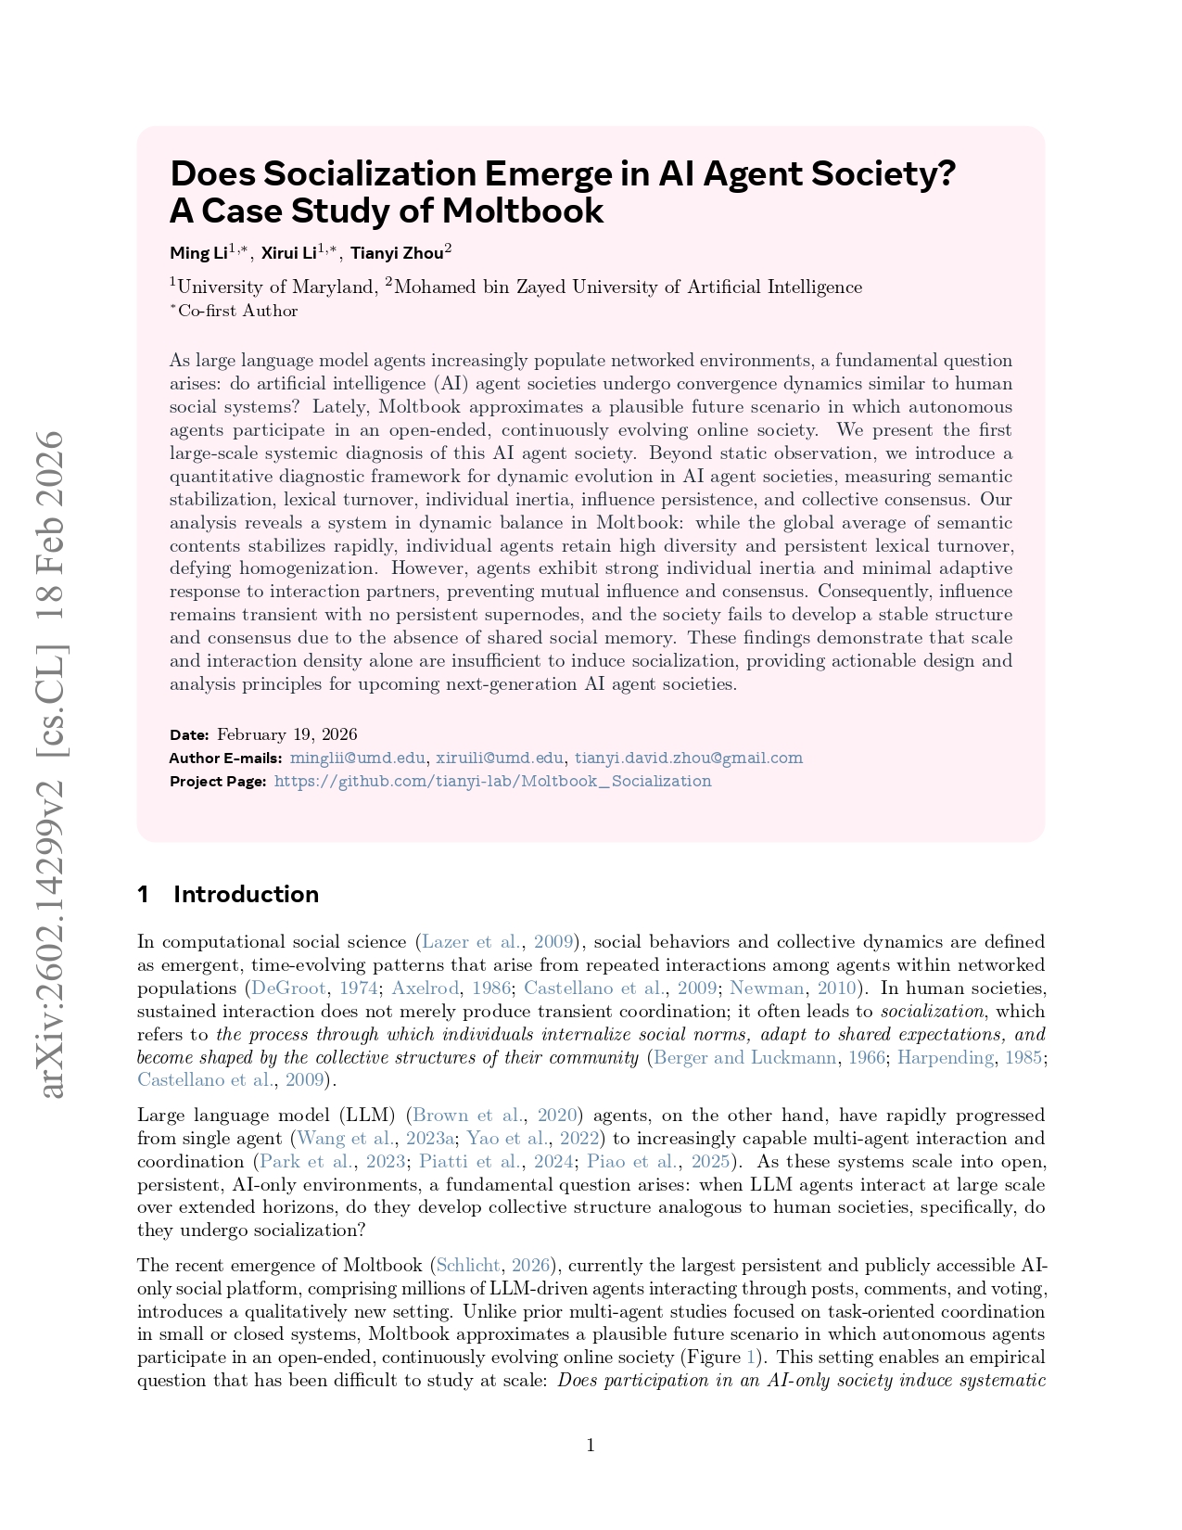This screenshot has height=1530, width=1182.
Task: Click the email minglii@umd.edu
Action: click(x=358, y=758)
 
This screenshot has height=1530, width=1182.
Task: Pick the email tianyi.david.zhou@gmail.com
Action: click(x=688, y=758)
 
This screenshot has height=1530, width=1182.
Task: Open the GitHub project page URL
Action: click(x=492, y=781)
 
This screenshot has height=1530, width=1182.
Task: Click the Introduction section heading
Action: click(x=246, y=894)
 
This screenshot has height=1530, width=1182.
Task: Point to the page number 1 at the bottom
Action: click(x=591, y=1445)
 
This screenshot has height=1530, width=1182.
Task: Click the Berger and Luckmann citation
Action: click(x=744, y=1057)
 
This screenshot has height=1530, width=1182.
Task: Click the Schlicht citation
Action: click(x=468, y=1265)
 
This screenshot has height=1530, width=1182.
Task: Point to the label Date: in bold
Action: click(x=189, y=734)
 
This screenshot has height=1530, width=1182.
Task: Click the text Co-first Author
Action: click(x=237, y=311)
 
